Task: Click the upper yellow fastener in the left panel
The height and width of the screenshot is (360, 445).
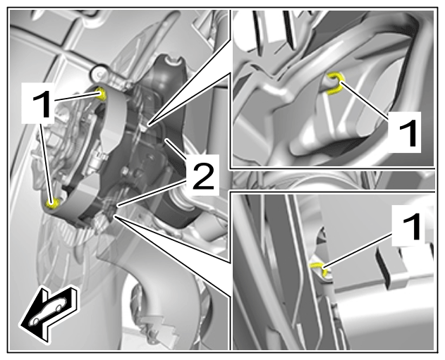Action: (x=100, y=94)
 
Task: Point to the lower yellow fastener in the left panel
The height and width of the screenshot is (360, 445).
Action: (x=52, y=203)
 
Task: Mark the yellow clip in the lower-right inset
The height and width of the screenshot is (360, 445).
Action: (x=319, y=268)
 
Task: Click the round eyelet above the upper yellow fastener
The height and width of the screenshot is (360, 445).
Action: (x=99, y=74)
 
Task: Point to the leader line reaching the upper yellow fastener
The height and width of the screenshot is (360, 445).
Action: (x=76, y=97)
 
